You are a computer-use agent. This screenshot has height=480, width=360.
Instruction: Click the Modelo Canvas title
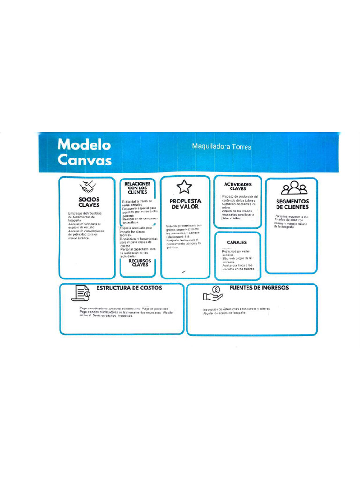pos(84,152)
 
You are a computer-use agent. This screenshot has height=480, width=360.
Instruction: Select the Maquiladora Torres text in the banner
pos(221,147)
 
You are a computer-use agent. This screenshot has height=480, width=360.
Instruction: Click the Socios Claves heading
pos(89,202)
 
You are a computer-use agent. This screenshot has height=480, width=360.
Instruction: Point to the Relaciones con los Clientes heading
pos(137,188)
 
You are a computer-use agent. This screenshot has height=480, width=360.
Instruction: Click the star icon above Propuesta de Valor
pos(184,187)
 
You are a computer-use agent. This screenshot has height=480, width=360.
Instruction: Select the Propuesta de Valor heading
pos(185,203)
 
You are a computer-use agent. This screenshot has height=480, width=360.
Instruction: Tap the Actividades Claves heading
pos(238,187)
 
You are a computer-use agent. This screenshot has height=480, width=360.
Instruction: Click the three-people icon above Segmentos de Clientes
pos(294,188)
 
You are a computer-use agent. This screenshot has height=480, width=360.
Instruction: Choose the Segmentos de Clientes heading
pos(292,204)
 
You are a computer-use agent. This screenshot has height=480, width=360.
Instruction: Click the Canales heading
pos(237,242)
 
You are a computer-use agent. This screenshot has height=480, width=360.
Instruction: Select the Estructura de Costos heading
pos(129,288)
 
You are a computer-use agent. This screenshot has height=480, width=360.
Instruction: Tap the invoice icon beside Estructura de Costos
pos(80,293)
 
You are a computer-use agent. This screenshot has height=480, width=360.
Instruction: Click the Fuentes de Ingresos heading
pos(259,288)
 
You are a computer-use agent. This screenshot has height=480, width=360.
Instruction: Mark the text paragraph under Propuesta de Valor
pos(184,236)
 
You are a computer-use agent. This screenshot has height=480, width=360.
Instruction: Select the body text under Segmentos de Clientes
pos(292,222)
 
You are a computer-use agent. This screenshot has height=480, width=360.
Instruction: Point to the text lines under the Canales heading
pos(238,260)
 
